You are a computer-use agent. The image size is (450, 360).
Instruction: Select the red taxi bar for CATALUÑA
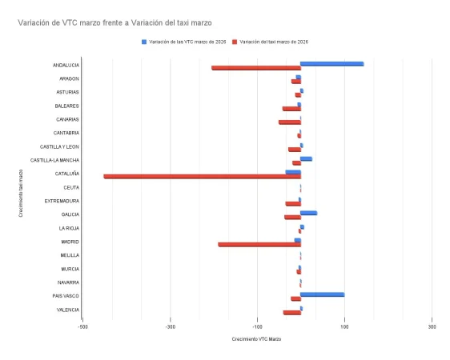click(x=202, y=176)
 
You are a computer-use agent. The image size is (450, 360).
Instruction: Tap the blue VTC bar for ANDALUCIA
click(x=331, y=64)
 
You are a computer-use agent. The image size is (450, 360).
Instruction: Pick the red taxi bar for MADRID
click(x=259, y=244)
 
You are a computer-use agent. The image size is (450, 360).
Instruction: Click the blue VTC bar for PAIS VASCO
click(x=322, y=294)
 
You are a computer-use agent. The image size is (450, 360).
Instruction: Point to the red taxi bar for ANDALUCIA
click(x=255, y=68)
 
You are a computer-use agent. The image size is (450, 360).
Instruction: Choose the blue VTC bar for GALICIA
click(x=308, y=213)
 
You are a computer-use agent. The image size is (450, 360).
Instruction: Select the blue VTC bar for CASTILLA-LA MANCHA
click(x=306, y=158)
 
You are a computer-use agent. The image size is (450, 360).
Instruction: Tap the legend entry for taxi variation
click(x=274, y=41)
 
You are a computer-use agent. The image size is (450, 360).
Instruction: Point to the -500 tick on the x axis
click(x=83, y=326)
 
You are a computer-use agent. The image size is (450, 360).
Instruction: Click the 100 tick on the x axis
click(x=344, y=326)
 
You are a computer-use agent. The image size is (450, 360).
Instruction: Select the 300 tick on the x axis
click(x=432, y=326)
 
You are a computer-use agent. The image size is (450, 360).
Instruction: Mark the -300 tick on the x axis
click(x=170, y=326)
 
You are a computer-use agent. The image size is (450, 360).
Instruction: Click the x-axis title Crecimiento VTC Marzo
click(x=257, y=339)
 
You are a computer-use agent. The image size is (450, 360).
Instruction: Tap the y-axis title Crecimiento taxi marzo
click(x=21, y=190)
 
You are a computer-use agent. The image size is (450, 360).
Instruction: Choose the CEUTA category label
click(x=70, y=187)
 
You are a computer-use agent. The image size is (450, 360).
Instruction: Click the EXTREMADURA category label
click(x=62, y=201)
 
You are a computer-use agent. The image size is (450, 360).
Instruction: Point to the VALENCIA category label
click(x=67, y=310)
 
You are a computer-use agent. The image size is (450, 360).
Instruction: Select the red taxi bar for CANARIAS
click(x=289, y=122)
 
